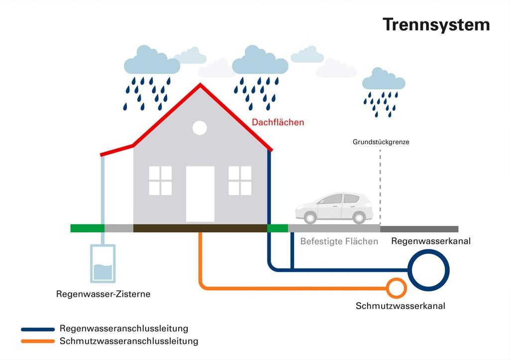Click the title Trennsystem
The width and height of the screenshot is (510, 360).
[436, 24]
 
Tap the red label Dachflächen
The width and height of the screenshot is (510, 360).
[278, 122]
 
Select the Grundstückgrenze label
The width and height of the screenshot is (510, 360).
[381, 142]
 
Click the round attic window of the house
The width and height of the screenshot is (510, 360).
[200, 128]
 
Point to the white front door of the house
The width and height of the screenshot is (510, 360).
[200, 194]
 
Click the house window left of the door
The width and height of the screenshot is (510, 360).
[160, 180]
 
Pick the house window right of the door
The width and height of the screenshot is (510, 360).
[240, 180]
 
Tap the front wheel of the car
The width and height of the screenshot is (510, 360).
[310, 217]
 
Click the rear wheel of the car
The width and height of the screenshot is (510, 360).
[358, 217]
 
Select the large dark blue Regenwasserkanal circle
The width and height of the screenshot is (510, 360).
[428, 270]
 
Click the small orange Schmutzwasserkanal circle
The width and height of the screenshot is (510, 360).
[397, 287]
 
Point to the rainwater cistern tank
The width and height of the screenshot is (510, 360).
[103, 264]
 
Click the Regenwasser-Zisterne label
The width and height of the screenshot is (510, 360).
[103, 294]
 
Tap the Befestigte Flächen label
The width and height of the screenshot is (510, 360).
[339, 242]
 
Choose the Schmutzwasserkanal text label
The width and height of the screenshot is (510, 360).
[400, 306]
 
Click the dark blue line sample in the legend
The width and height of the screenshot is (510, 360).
[38, 329]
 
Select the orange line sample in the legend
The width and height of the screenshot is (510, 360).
[38, 341]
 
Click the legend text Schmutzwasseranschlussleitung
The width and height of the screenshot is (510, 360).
[128, 341]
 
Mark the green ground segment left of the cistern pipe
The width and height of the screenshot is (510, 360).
[87, 228]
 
